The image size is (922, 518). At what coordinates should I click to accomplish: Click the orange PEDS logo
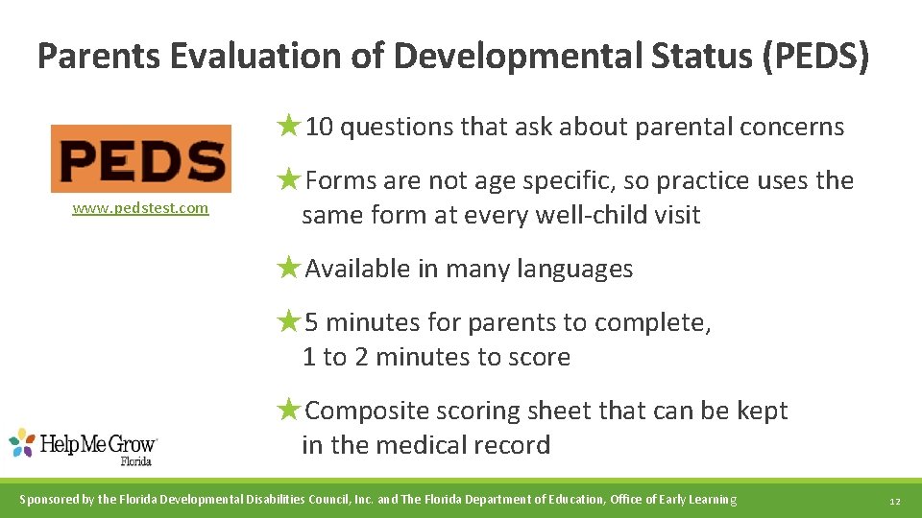pos(141,158)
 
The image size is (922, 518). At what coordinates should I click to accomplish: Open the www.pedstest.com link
pos(140,208)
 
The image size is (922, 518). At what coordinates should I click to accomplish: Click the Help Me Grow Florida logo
pos(84,446)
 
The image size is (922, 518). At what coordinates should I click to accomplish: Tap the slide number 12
pos(894,501)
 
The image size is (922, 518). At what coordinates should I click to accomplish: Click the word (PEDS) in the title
pos(815,57)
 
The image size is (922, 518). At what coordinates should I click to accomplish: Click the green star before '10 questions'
pos(289,125)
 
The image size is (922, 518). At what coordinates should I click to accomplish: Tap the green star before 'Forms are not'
pos(289,178)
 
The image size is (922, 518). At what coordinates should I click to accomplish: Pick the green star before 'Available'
pos(289,267)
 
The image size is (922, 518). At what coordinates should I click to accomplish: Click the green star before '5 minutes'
pos(289,320)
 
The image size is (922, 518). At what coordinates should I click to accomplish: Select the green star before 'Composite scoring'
pos(289,409)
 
